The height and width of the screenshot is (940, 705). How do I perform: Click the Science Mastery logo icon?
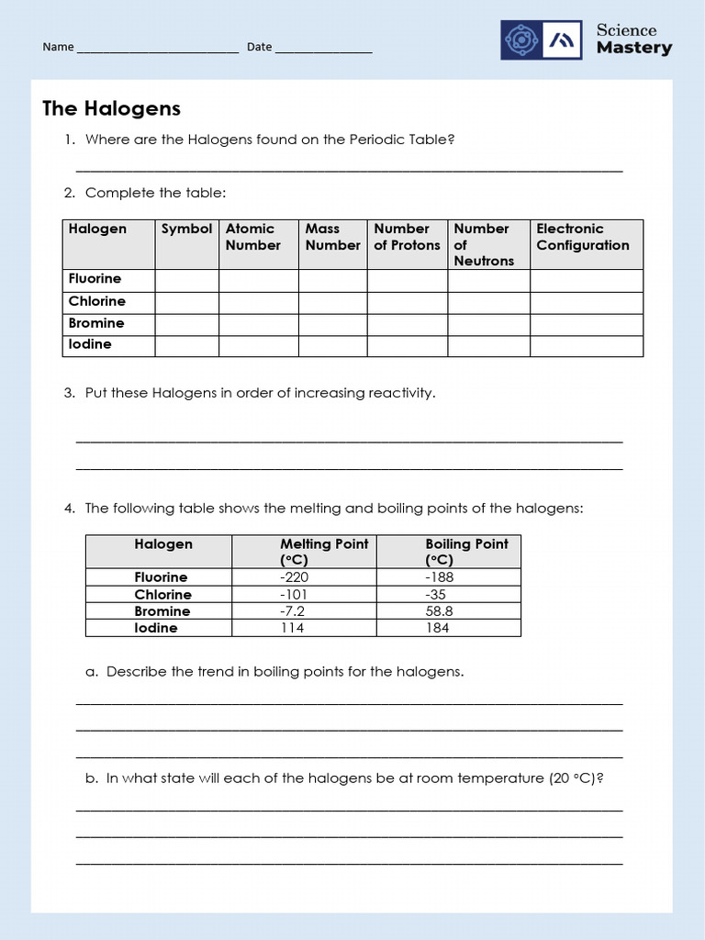click(541, 40)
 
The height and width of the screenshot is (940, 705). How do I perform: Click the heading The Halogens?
click(111, 108)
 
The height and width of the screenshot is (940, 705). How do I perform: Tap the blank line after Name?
click(157, 48)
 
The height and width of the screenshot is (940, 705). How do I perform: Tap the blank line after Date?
click(324, 48)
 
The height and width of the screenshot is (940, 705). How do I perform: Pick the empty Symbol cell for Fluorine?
click(186, 280)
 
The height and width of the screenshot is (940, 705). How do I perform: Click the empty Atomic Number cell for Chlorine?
click(258, 303)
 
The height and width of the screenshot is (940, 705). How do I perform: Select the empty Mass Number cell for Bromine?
click(332, 324)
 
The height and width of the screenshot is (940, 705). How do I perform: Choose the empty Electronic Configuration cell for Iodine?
click(586, 346)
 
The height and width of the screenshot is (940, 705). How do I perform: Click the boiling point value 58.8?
click(439, 611)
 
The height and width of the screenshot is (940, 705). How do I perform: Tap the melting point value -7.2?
click(292, 611)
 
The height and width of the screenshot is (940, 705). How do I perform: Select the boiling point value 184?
click(438, 628)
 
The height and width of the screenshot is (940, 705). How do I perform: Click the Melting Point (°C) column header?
click(323, 552)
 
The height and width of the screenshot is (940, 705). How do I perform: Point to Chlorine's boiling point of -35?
click(435, 595)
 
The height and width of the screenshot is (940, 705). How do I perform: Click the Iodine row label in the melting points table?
click(156, 628)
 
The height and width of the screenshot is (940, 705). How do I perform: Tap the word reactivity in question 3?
click(400, 393)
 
